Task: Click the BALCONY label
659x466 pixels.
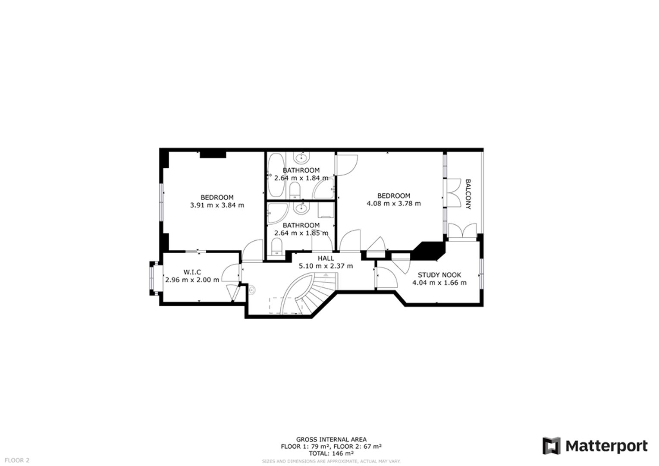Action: pyautogui.click(x=468, y=194)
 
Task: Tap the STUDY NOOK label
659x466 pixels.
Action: pyautogui.click(x=439, y=275)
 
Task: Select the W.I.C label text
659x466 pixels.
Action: pyautogui.click(x=192, y=272)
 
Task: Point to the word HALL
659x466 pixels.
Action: pyautogui.click(x=326, y=258)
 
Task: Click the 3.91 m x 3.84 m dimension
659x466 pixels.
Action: pyautogui.click(x=217, y=205)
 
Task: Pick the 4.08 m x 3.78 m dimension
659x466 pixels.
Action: pyautogui.click(x=394, y=203)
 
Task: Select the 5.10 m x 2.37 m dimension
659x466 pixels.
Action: pyautogui.click(x=326, y=266)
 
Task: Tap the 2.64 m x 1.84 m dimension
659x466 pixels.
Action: pyautogui.click(x=301, y=178)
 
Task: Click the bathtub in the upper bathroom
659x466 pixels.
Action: pyautogui.click(x=276, y=175)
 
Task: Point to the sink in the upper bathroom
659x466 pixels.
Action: pyautogui.click(x=301, y=158)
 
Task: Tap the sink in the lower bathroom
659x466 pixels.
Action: pyautogui.click(x=301, y=208)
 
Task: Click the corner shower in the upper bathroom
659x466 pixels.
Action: pyautogui.click(x=323, y=189)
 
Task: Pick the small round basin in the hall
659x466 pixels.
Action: pyautogui.click(x=252, y=290)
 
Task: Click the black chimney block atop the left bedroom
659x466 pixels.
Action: pyautogui.click(x=213, y=154)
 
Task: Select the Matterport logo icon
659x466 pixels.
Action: pyautogui.click(x=551, y=446)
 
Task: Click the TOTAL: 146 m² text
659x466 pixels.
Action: pyautogui.click(x=331, y=453)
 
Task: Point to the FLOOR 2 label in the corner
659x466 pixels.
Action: pyautogui.click(x=17, y=460)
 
